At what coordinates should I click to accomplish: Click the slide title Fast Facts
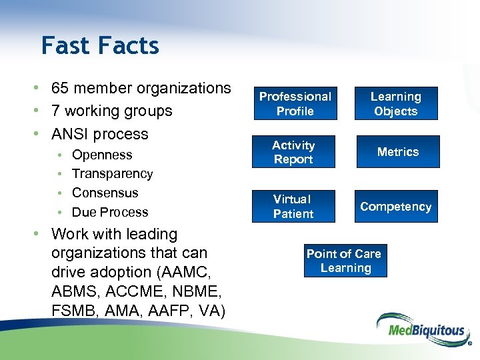(x=100, y=46)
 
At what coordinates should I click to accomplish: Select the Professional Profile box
(x=295, y=104)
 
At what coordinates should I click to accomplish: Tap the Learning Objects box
(x=395, y=104)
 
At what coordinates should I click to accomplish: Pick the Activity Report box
(x=293, y=152)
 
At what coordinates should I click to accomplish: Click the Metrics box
(x=397, y=152)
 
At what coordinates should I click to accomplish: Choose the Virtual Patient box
(x=293, y=207)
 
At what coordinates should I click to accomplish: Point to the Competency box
(x=395, y=207)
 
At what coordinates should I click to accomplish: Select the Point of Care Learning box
(x=344, y=261)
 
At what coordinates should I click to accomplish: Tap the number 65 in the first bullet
(x=60, y=88)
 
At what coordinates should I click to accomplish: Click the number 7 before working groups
(x=56, y=111)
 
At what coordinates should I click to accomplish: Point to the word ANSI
(x=71, y=133)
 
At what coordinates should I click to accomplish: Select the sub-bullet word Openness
(x=102, y=155)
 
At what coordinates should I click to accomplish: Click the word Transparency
(x=112, y=173)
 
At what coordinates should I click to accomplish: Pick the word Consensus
(x=105, y=193)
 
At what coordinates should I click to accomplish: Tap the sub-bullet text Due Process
(x=110, y=212)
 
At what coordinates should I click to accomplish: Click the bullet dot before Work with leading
(x=41, y=235)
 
